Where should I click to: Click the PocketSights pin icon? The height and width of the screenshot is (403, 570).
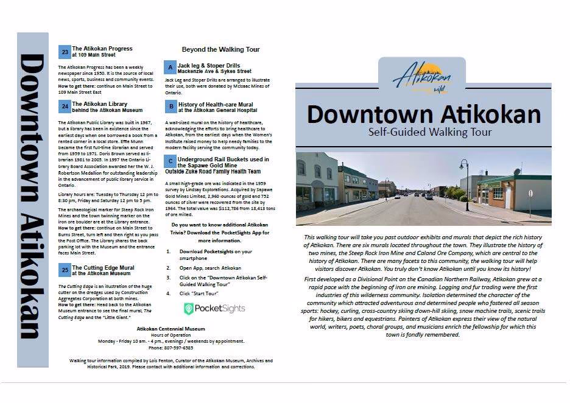tap(189, 309)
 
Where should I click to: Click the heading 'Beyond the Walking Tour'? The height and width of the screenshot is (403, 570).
tap(220, 49)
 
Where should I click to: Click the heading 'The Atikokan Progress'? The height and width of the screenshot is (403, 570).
tap(102, 49)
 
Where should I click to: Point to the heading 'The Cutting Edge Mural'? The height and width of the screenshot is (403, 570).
tap(104, 267)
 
